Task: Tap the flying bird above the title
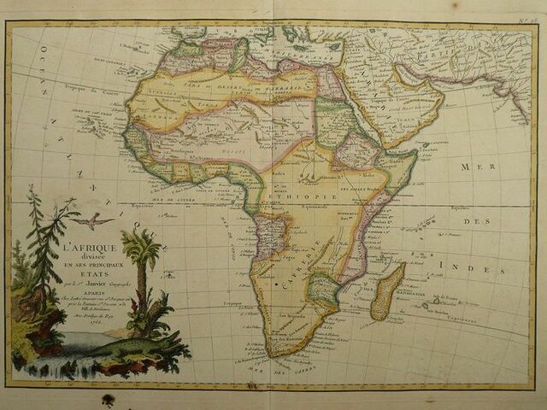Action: [92, 222]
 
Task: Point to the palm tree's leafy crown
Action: [140, 246]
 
